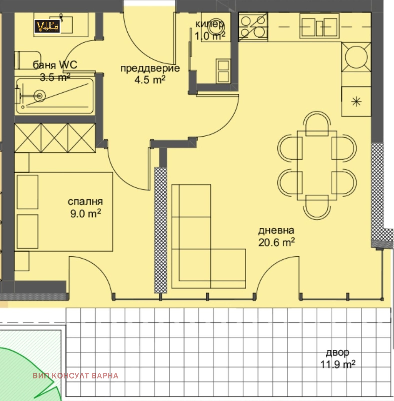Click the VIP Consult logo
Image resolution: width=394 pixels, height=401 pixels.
click(x=47, y=26)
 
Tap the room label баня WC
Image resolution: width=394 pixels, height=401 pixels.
click(x=55, y=65)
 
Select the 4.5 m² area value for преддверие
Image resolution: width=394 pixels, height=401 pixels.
click(x=150, y=80)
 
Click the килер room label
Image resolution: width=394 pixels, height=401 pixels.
click(x=210, y=24)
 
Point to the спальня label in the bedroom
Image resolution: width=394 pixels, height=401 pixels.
click(x=85, y=202)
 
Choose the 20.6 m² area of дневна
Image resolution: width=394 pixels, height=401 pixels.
click(x=276, y=242)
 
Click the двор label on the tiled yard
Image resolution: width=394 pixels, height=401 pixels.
click(x=337, y=353)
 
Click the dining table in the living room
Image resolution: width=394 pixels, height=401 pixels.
click(x=317, y=165)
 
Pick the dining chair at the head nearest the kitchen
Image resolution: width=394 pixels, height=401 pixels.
click(x=317, y=124)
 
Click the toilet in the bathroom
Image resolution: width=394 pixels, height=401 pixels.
click(x=27, y=60)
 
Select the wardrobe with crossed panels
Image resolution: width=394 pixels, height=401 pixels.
click(x=55, y=138)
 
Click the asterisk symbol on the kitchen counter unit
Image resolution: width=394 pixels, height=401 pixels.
click(x=356, y=102)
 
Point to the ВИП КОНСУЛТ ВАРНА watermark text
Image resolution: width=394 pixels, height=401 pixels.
click(x=76, y=376)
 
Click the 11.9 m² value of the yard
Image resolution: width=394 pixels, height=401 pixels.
click(x=338, y=364)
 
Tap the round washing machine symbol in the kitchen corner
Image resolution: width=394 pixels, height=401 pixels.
click(x=356, y=57)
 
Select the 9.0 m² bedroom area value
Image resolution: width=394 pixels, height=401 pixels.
click(x=86, y=214)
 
